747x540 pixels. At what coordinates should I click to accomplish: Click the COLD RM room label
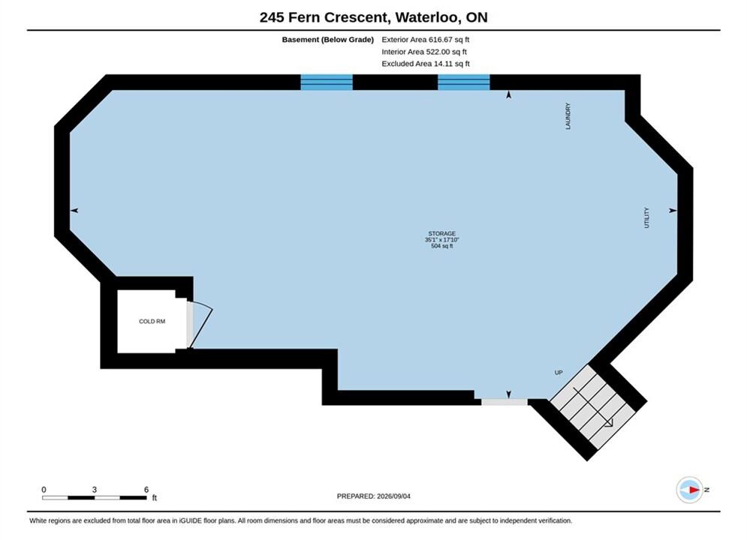[x=152, y=322]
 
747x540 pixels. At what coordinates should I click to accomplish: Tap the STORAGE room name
[x=441, y=233]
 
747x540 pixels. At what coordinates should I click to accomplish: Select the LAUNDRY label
[x=568, y=116]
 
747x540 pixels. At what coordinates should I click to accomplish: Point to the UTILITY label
[x=646, y=217]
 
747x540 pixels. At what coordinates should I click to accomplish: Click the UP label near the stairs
[x=559, y=373]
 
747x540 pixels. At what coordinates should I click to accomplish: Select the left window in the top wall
[x=327, y=82]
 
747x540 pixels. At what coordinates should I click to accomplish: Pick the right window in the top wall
[x=463, y=82]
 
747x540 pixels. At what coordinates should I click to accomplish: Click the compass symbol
[x=690, y=490]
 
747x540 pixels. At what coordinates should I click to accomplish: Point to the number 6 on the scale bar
[x=146, y=490]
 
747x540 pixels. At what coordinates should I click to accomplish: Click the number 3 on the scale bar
[x=95, y=490]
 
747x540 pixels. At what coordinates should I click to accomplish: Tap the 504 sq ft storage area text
[x=441, y=246]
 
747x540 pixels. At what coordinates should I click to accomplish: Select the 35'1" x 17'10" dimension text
[x=441, y=240]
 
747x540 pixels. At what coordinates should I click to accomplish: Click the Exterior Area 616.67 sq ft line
[x=426, y=40]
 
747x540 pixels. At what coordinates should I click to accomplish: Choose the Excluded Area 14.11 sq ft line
[x=426, y=63]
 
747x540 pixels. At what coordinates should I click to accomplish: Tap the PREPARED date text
[x=374, y=496]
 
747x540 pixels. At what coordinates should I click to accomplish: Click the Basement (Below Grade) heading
[x=328, y=40]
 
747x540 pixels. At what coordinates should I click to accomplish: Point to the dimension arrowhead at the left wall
[x=74, y=210]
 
